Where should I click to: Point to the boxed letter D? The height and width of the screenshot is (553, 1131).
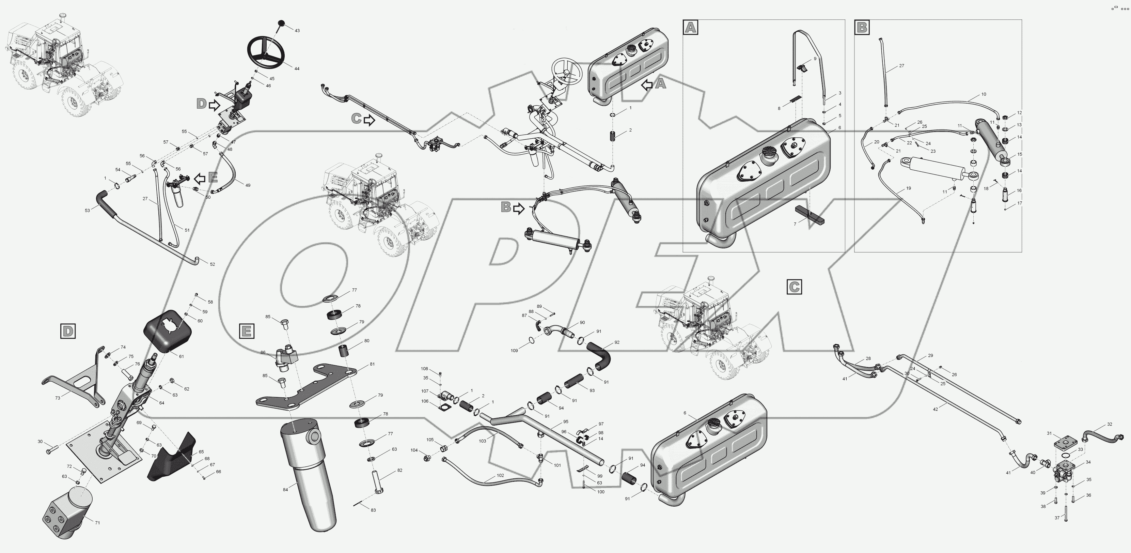tap(68, 331)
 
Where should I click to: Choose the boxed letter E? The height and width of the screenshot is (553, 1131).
tap(246, 331)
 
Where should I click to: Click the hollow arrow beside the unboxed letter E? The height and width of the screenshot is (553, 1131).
tap(200, 178)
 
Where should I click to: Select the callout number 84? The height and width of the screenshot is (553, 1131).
tap(285, 489)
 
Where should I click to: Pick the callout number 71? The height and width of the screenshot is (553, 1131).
tap(97, 523)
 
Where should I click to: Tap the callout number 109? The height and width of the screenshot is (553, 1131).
tap(514, 351)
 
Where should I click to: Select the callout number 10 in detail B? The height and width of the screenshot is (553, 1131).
tap(984, 94)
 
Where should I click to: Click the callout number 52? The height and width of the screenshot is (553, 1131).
tap(213, 264)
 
